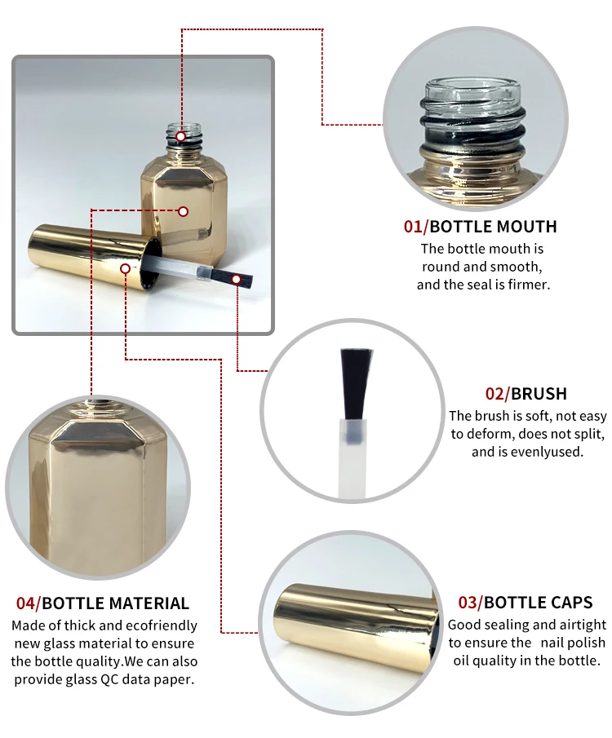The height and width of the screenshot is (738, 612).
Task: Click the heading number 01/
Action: tap(415, 227)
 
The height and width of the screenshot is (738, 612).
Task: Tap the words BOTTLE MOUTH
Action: tap(494, 227)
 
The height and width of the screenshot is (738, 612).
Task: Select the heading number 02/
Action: tap(497, 394)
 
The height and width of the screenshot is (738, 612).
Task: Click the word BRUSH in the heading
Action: tap(539, 394)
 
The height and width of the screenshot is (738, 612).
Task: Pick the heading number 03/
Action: tap(470, 603)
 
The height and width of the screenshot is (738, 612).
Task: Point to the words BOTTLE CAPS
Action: tap(539, 603)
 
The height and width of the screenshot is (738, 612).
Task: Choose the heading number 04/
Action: tap(29, 603)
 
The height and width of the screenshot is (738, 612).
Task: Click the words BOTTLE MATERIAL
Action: tap(115, 603)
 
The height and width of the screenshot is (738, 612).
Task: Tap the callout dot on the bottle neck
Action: tap(181, 136)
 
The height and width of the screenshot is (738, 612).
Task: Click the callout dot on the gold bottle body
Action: tap(184, 211)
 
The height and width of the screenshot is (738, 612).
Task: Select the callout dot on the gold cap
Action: tap(126, 268)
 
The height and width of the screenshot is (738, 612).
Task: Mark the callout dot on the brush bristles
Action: tap(237, 280)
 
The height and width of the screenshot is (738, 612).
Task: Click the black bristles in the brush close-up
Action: tap(356, 383)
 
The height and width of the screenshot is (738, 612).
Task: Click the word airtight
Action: tap(583, 625)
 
